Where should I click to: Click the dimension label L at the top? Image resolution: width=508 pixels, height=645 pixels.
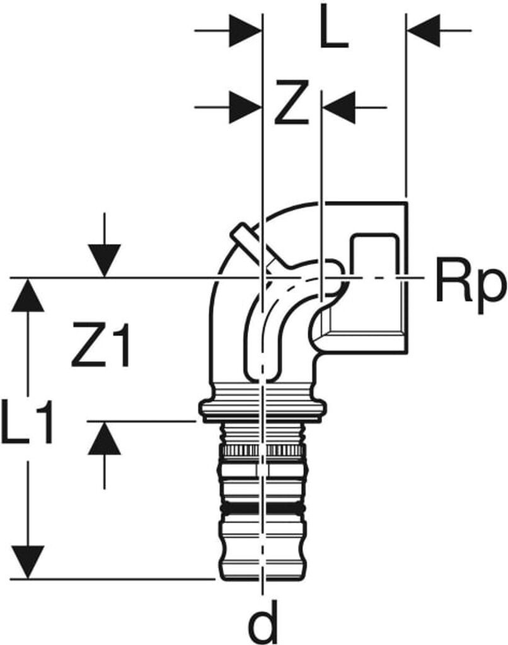click(334, 31)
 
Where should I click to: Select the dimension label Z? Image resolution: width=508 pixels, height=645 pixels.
click(292, 103)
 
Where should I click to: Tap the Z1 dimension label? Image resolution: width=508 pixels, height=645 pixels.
click(101, 345)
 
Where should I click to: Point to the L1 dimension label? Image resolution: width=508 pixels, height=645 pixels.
click(27, 421)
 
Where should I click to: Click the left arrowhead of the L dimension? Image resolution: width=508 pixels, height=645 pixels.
click(246, 31)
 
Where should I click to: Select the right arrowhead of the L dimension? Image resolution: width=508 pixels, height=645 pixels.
click(423, 31)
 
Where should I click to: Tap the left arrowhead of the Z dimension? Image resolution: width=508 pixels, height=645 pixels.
click(246, 107)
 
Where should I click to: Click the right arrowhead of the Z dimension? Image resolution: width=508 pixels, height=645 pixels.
click(339, 107)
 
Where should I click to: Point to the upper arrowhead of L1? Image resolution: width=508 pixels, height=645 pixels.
click(28, 295)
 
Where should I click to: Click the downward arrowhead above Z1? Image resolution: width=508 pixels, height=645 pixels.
click(105, 261)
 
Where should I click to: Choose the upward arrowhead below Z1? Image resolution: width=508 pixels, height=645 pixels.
click(105, 438)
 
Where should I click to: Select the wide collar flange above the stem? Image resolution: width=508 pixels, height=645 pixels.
click(263, 409)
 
